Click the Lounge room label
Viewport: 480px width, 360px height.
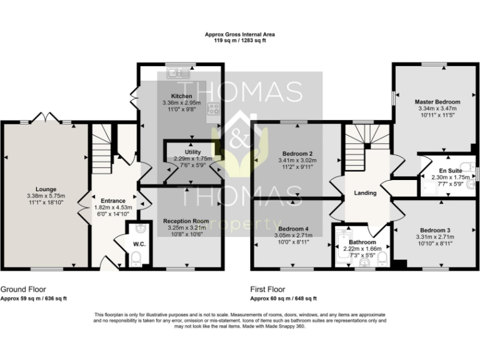(46, 189)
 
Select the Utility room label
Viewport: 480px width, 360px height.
(192, 152)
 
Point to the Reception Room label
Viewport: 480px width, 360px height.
(186, 221)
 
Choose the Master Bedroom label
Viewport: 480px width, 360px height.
(437, 102)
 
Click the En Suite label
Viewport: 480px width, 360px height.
(451, 171)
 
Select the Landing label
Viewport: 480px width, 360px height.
(365, 193)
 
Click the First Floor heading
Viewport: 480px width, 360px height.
(267, 290)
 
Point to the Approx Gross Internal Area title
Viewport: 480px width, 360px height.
(240, 34)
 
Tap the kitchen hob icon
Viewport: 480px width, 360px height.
(213, 109)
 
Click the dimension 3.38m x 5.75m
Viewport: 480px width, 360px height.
(46, 196)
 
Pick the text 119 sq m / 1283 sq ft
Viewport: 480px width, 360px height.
(240, 41)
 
